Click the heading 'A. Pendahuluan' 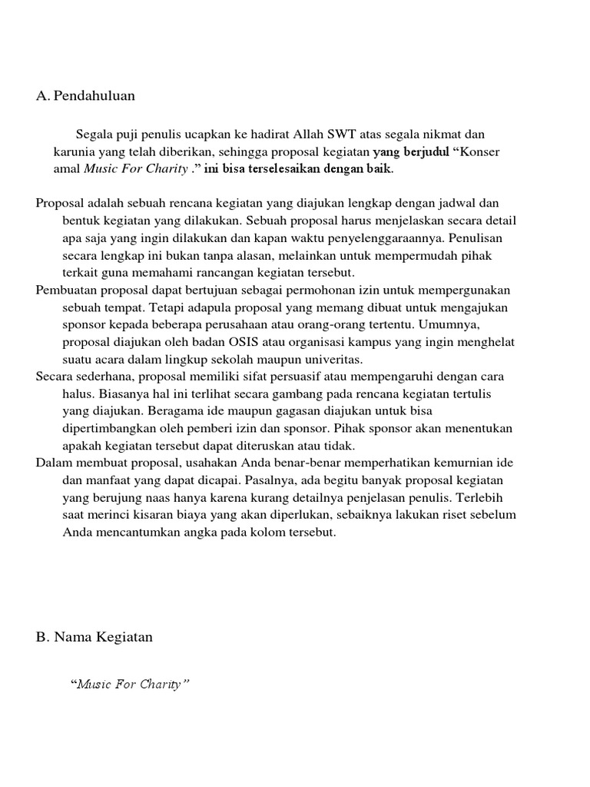point(85,96)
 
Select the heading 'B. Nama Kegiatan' point(94,637)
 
